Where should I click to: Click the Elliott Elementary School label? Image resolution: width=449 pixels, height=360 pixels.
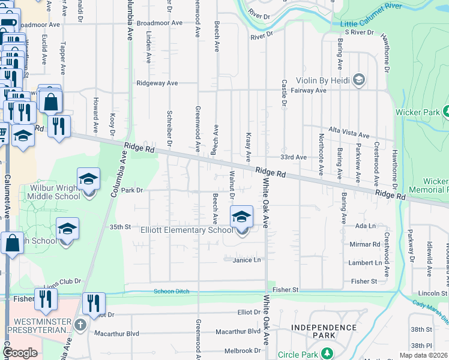pos(186,230)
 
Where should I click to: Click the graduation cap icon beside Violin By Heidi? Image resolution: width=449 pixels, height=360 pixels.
pos(359,80)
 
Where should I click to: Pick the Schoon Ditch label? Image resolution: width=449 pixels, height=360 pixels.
pos(171,292)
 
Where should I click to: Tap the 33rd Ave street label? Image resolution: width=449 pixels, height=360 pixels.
pos(294,157)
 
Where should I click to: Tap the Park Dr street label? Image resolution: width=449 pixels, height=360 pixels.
pos(130,190)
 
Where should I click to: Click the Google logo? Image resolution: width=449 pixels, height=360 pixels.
pos(20,353)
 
